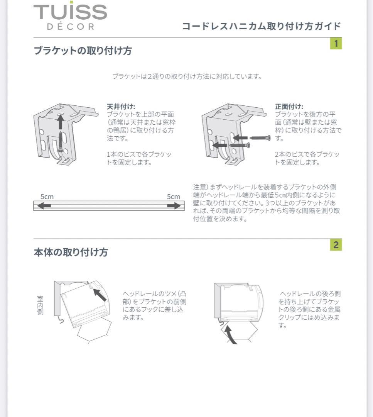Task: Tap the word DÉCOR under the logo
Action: pos(71,27)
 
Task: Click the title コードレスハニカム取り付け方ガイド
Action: pos(261,26)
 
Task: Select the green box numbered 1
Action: pos(336,43)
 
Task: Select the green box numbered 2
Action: pos(336,245)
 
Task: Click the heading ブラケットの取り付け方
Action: pos(83,51)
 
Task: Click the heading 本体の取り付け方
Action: pos(71,253)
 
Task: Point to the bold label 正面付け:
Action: pos(289,106)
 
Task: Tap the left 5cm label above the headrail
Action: pos(47,197)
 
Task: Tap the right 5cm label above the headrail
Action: pos(173,197)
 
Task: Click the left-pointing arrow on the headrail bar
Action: pos(44,206)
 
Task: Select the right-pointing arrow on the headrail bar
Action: pos(174,206)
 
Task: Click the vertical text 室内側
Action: pos(40,305)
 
